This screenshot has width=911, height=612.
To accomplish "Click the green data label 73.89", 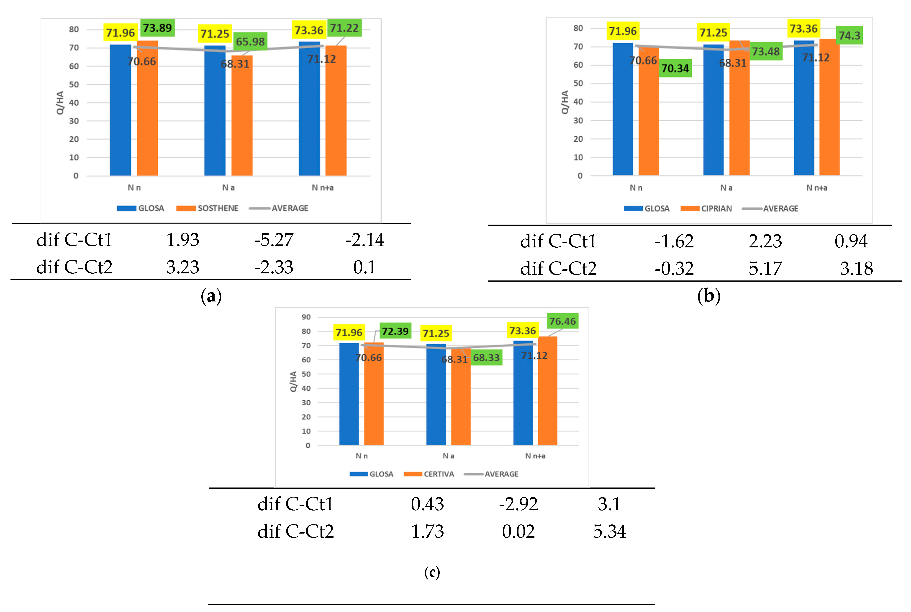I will tap(157, 28).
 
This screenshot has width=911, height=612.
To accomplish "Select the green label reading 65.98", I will tap(250, 41).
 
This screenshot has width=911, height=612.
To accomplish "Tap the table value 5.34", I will tap(609, 532).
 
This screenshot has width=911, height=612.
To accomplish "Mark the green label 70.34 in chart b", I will tap(675, 68).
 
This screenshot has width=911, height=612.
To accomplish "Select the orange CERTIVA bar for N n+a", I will tap(548, 390).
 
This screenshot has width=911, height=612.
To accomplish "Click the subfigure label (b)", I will tap(709, 296).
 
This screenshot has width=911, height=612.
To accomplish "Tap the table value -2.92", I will tap(518, 504).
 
